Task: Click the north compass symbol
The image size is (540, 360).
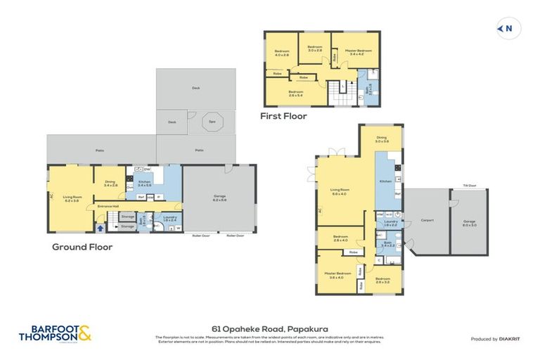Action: (504, 28)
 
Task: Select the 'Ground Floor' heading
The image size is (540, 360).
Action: (82, 247)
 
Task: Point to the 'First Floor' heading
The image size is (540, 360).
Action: (283, 116)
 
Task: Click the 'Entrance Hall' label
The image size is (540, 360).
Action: (108, 206)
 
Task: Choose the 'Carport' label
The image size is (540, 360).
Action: (427, 220)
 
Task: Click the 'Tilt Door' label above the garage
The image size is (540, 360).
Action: (469, 186)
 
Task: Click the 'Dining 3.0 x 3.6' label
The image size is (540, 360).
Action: (382, 140)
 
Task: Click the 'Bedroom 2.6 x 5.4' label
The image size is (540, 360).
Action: (295, 92)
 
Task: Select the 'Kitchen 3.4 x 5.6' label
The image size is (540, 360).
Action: (145, 184)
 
